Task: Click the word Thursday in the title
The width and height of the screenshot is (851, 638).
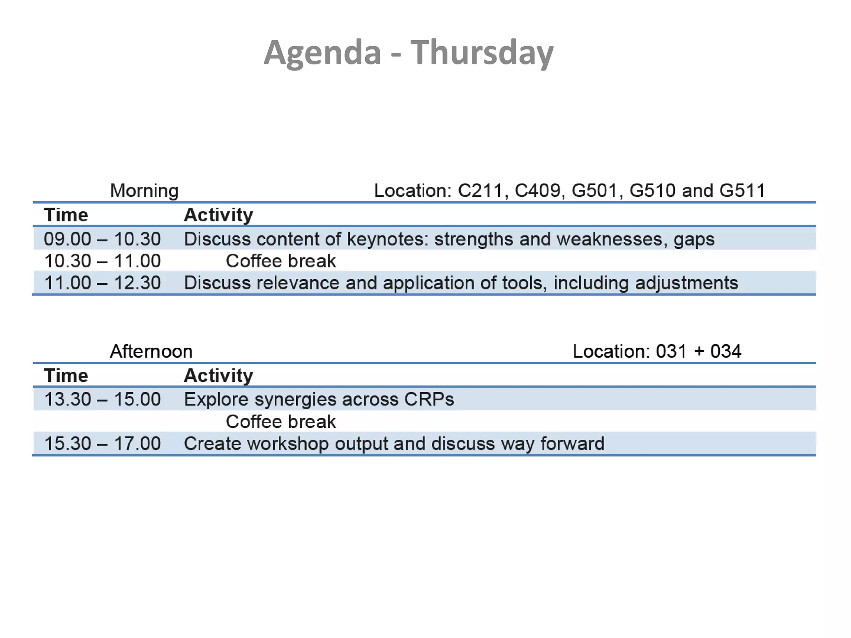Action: pos(482,53)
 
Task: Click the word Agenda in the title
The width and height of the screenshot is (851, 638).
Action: pos(322,53)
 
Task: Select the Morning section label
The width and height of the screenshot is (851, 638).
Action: pos(144,191)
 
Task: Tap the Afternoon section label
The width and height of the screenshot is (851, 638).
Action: pos(151,351)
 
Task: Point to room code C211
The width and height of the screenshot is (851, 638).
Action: pos(480,191)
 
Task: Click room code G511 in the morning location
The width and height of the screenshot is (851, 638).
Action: pos(742,191)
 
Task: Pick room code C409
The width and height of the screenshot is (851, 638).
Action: pos(538,191)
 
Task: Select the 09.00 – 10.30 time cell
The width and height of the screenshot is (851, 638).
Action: pos(102,239)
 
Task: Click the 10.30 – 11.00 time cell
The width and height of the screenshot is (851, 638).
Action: pos(102,261)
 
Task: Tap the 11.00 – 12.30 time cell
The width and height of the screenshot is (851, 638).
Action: pos(102,283)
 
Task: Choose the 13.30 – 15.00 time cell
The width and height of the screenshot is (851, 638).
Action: pos(102,399)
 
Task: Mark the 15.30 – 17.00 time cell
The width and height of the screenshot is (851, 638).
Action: pos(102,443)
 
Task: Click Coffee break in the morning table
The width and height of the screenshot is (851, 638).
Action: pos(280,261)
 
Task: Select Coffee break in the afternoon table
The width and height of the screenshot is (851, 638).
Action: pos(280,422)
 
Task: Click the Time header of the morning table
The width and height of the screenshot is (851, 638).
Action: pos(66,215)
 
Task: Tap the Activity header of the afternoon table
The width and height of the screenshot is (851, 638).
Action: pos(219,375)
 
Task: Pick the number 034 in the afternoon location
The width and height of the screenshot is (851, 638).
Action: pos(726,351)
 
